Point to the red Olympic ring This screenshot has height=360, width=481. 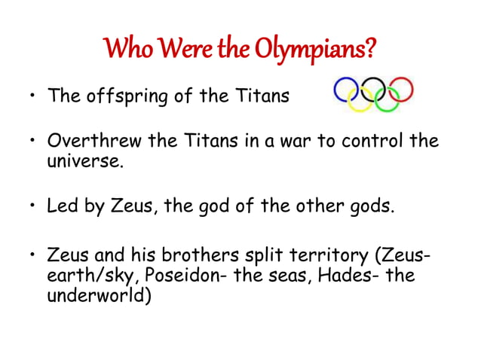[401, 89]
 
